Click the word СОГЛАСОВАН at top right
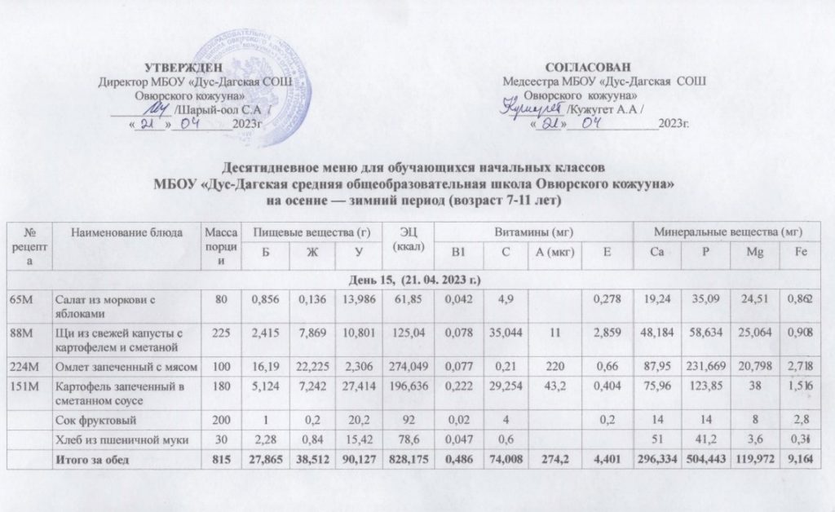point(587,66)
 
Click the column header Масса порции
point(219,245)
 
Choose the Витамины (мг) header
point(532,233)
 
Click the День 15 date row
point(417,280)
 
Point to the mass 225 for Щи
point(219,333)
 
